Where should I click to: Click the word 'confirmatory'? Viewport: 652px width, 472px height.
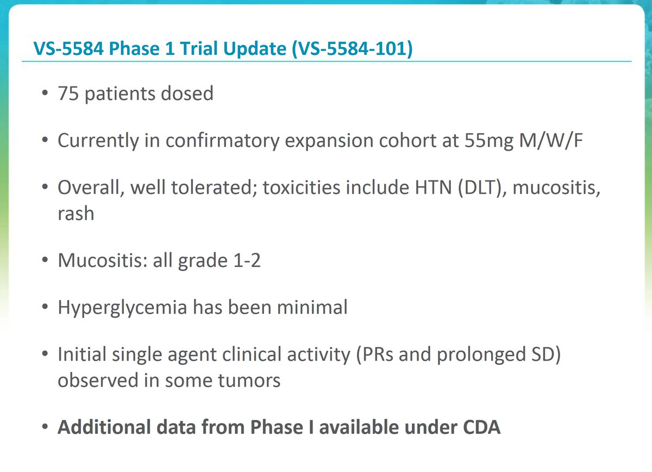[209, 142]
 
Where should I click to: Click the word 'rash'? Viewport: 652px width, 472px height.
[76, 213]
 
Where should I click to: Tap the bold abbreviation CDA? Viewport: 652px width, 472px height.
[478, 427]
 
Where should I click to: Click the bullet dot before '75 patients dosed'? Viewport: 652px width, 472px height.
[45, 95]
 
